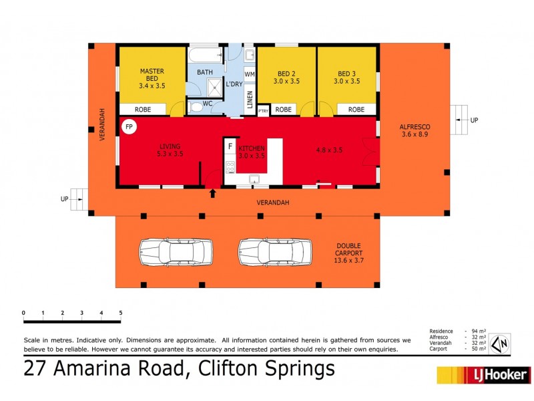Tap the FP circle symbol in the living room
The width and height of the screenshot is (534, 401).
[x=129, y=126]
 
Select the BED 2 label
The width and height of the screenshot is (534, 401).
[x=286, y=77]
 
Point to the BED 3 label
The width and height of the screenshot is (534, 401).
[x=348, y=77]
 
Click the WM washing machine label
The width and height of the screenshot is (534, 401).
[x=250, y=74]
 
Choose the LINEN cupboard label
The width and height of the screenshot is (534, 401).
[x=250, y=100]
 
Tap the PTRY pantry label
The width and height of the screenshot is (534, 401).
[x=263, y=110]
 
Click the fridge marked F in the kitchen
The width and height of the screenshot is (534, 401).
[x=230, y=145]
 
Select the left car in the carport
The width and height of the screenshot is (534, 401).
[x=175, y=253]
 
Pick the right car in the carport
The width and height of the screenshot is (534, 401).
[x=275, y=253]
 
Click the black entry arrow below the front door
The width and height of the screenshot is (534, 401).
[x=213, y=194]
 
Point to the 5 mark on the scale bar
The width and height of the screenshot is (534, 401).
[x=121, y=313]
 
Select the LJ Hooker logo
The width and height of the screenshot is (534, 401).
[x=483, y=375]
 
